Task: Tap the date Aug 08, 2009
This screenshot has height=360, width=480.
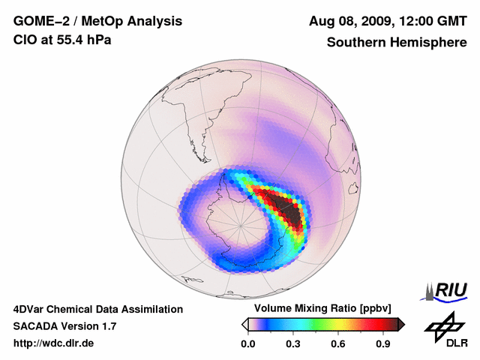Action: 349,21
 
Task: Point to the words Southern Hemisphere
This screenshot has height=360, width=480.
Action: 396,42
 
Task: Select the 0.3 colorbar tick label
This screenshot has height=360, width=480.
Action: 293,343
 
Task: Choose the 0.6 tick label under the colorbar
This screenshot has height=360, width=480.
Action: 338,343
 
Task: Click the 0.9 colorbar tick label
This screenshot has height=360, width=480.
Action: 383,343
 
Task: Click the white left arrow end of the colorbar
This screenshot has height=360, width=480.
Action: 244,324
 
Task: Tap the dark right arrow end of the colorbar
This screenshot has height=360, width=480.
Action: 402,324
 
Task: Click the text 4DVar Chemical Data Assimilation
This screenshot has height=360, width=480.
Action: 98,309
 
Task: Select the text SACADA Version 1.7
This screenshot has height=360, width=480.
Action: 65,326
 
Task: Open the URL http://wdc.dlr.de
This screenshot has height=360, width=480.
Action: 54,343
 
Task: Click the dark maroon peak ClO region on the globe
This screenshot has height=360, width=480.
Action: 287,209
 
